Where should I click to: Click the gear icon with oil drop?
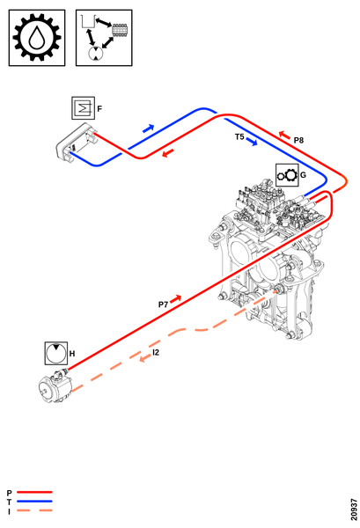37,38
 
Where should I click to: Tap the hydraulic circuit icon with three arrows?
104,38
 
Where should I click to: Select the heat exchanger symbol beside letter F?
84,107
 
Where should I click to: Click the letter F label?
99,109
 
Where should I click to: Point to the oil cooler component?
77,142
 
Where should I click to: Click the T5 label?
239,136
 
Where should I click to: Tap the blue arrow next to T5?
252,142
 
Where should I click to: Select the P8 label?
298,140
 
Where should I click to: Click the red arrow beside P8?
284,135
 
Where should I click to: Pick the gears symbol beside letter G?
287,175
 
